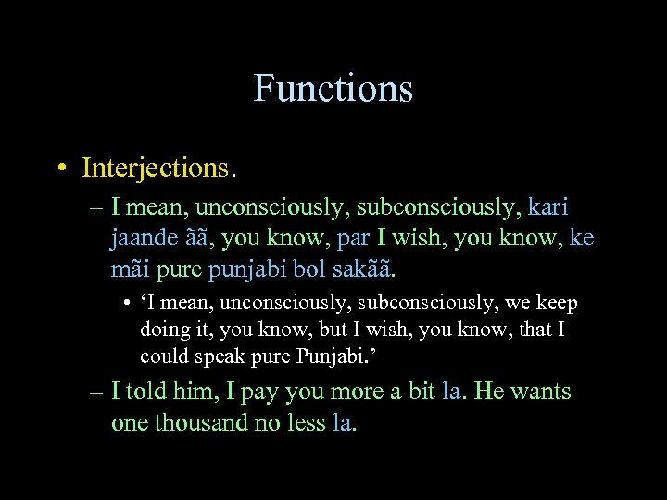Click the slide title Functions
tap(333, 89)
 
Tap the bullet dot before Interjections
tap(59, 169)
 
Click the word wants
tap(540, 393)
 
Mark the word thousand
tap(201, 423)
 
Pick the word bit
tap(422, 393)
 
